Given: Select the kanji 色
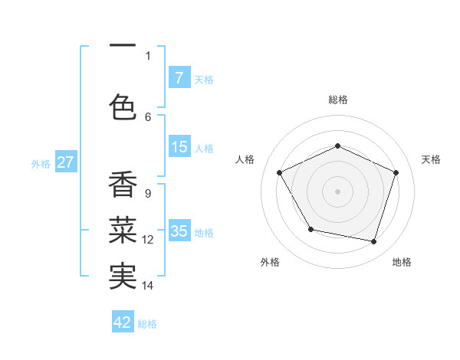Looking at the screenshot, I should tap(123, 106).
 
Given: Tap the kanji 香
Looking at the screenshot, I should tap(123, 185).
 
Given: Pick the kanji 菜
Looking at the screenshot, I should tap(123, 229).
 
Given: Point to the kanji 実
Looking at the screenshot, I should tap(123, 276).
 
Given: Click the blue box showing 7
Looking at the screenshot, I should tap(179, 78).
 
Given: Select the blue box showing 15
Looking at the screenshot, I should tap(179, 148).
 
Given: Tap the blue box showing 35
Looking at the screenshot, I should tap(179, 232).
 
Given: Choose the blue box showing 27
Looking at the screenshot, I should tap(65, 162).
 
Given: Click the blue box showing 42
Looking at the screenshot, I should tap(123, 322).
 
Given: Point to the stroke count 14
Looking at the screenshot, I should tap(148, 285).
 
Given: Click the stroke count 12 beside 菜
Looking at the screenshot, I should tap(148, 240).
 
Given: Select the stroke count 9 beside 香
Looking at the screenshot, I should tap(147, 193).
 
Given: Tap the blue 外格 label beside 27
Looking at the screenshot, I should tap(40, 163).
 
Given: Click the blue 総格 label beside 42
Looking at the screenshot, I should tap(147, 323).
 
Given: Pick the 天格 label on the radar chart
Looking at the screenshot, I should tap(432, 159).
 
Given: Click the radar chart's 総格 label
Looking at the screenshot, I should tap(338, 100).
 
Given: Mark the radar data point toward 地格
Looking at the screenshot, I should tap(374, 242).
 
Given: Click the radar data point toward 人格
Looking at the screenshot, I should tap(280, 172).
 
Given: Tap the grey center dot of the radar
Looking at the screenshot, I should tap(338, 191).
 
